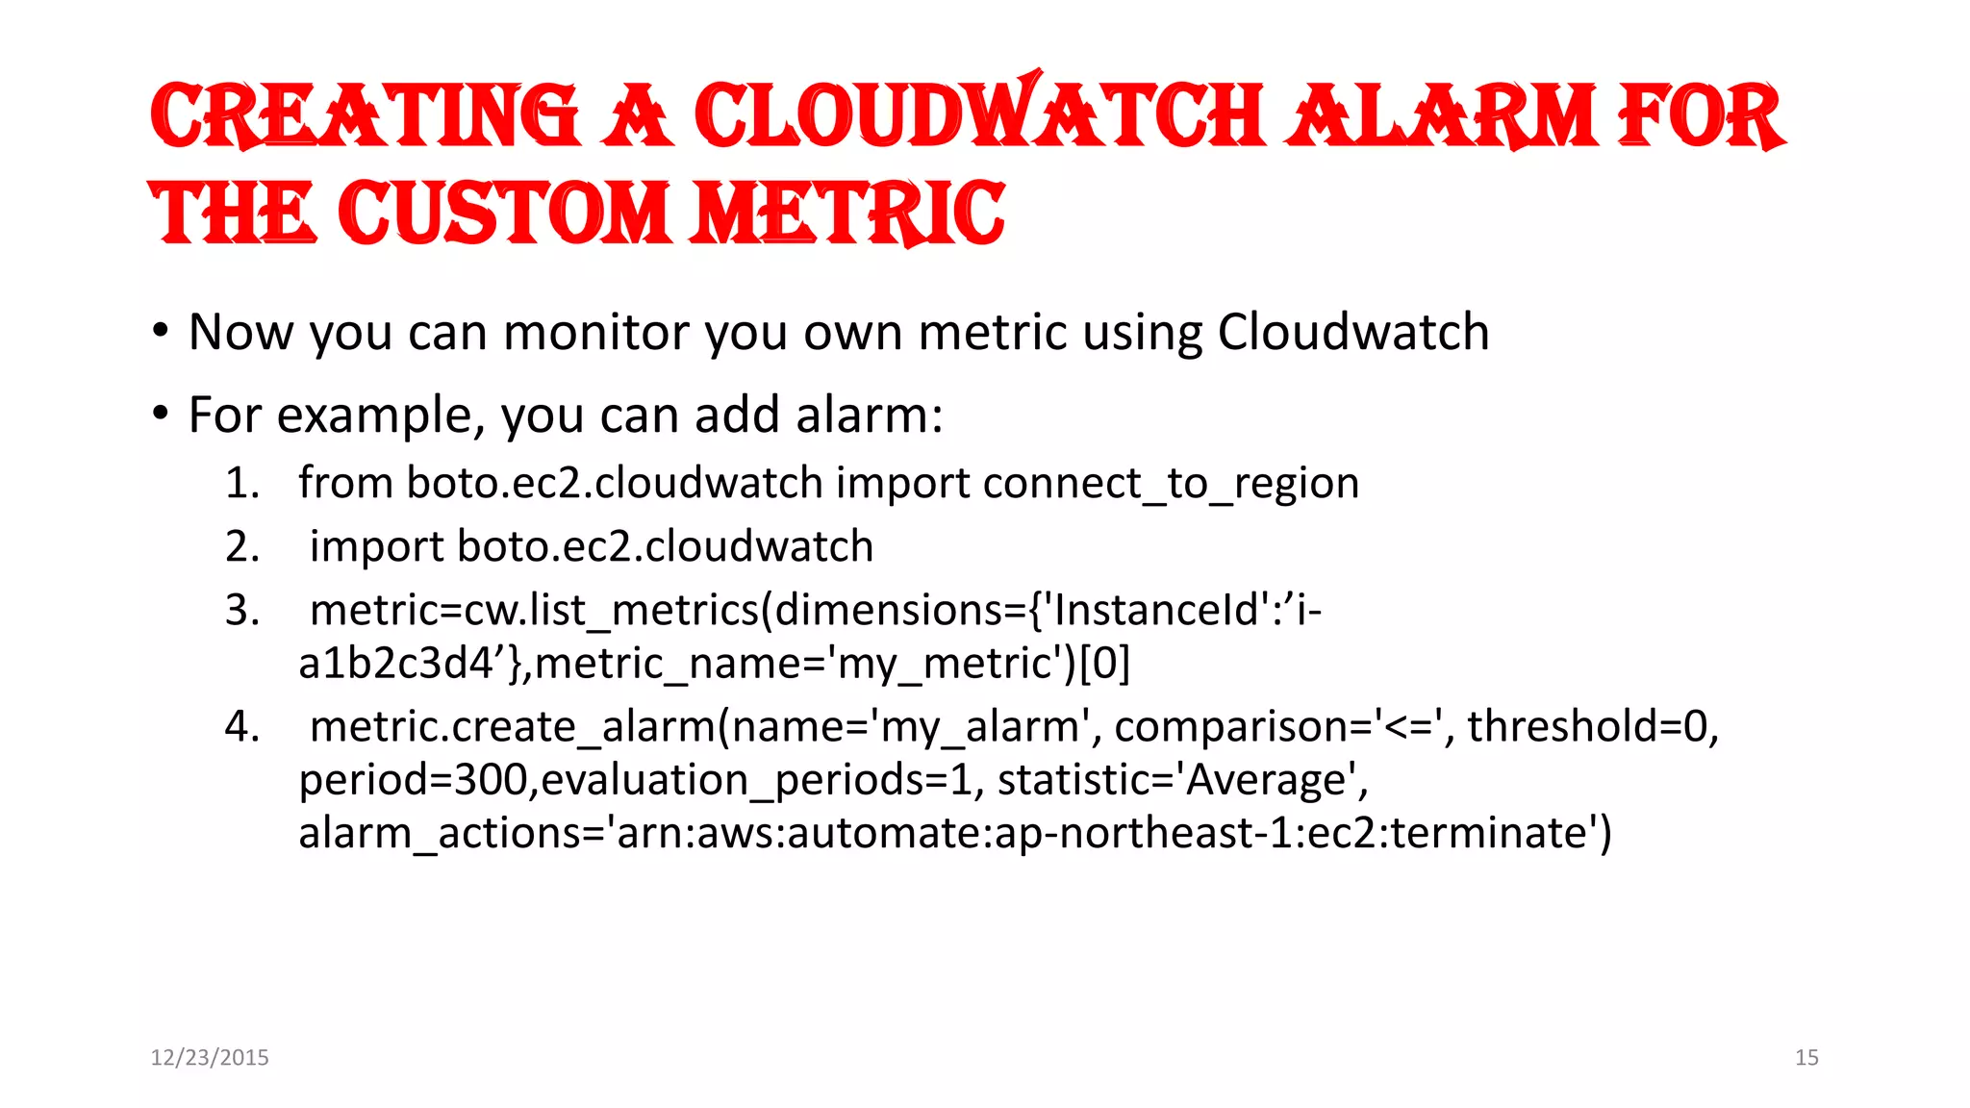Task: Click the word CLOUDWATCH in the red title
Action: pyautogui.click(x=978, y=115)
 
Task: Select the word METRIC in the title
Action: pyautogui.click(x=847, y=213)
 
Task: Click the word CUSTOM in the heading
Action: pyautogui.click(x=503, y=213)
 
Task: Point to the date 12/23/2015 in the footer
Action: pyautogui.click(x=210, y=1057)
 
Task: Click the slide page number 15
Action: pyautogui.click(x=1806, y=1057)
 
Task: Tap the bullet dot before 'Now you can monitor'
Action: pyautogui.click(x=161, y=332)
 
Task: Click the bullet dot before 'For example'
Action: pyautogui.click(x=161, y=415)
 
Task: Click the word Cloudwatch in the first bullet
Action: pyautogui.click(x=1353, y=333)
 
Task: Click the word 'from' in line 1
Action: pyautogui.click(x=345, y=483)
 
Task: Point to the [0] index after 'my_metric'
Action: pyautogui.click(x=1105, y=664)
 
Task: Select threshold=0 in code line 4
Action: pyautogui.click(x=1592, y=726)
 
